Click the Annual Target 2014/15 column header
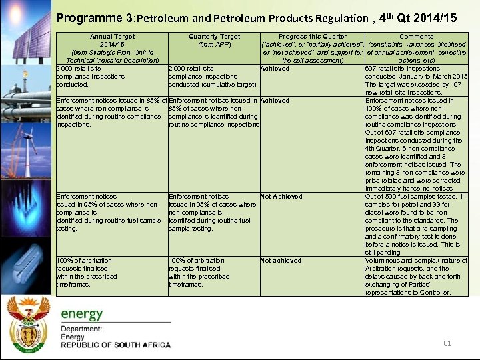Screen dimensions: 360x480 pos(111,48)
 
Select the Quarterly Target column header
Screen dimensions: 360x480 pos(214,41)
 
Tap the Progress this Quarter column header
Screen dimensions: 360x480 pos(312,48)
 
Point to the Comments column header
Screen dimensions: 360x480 pos(416,48)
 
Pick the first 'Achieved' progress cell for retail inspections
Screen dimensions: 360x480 pos(275,69)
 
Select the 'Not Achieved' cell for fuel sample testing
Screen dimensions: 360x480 pos(281,197)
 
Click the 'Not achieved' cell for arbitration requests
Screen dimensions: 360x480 pos(281,261)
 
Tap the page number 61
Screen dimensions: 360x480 pos(447,343)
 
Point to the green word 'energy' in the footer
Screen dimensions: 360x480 pos(83,313)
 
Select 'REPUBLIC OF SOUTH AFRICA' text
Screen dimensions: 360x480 pos(115,345)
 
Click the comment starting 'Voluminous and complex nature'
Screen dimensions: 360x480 pos(416,277)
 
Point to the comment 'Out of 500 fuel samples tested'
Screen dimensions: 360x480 pos(416,225)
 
